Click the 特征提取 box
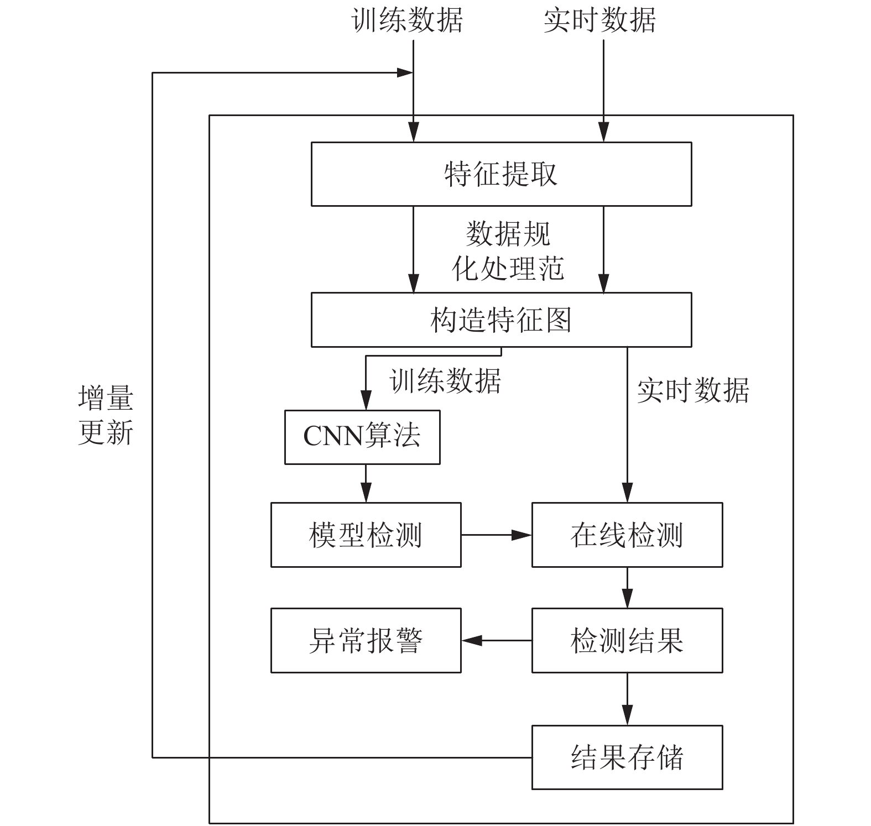[x=501, y=174]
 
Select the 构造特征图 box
[x=501, y=320]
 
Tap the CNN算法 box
[x=362, y=437]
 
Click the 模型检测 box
[x=366, y=535]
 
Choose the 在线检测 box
[x=627, y=535]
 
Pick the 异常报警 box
[x=366, y=640]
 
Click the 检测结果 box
[x=627, y=640]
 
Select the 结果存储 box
[x=627, y=757]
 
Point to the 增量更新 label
[x=106, y=415]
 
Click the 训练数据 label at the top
[x=407, y=20]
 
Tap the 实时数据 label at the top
[x=599, y=20]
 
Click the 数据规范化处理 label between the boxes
[x=508, y=251]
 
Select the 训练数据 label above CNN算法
[x=446, y=380]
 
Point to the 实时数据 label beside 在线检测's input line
[x=693, y=390]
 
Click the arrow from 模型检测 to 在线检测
[x=496, y=535]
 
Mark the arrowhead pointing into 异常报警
[x=472, y=640]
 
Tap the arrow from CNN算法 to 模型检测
[x=366, y=483]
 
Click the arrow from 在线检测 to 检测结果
[x=627, y=588]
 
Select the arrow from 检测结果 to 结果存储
[x=627, y=699]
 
